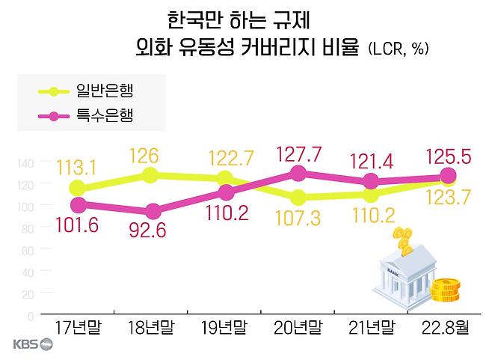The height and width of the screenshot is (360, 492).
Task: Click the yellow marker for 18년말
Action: click(x=150, y=175)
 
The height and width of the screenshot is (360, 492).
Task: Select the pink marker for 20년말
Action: click(x=298, y=173)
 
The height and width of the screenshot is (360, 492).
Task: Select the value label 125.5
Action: click(x=446, y=158)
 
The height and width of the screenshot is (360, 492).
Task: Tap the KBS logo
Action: click(x=33, y=345)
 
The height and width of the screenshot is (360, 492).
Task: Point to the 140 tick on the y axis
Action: click(x=25, y=163)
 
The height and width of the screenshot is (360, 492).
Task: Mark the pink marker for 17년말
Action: click(x=77, y=204)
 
